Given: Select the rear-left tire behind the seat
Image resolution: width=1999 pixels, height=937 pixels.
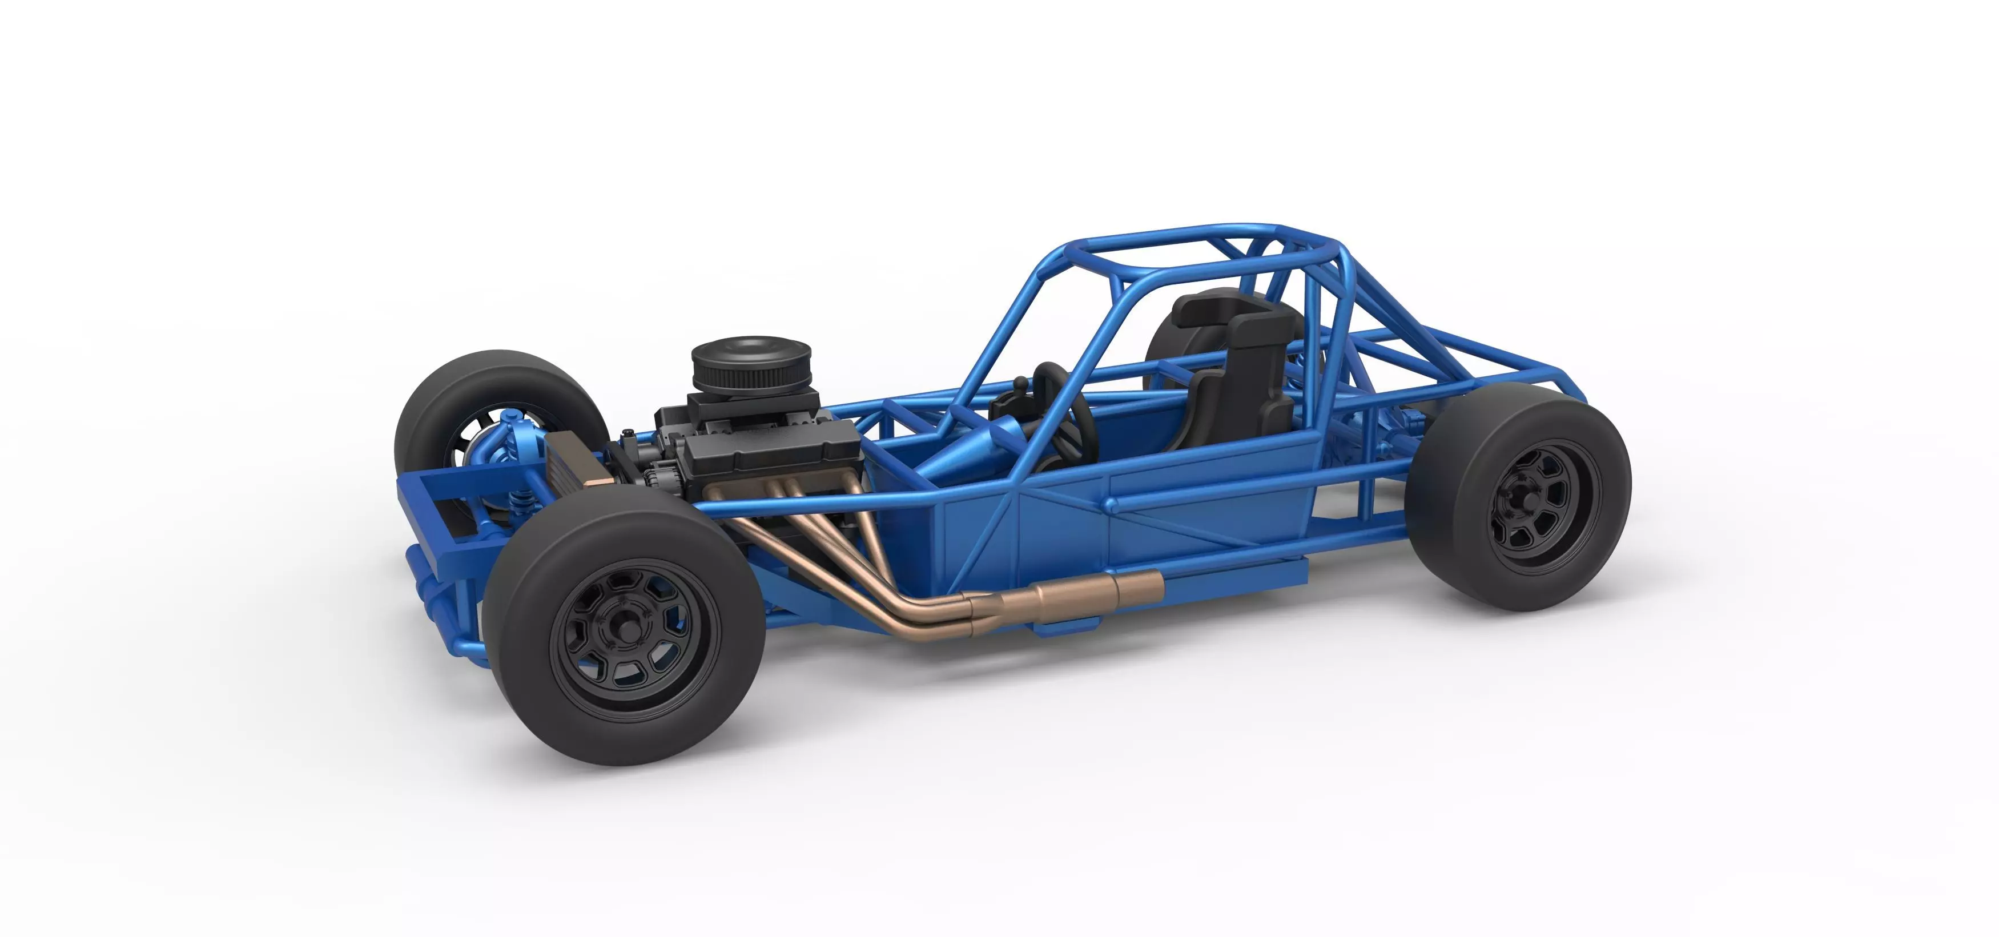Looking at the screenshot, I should click(x=1164, y=341).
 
